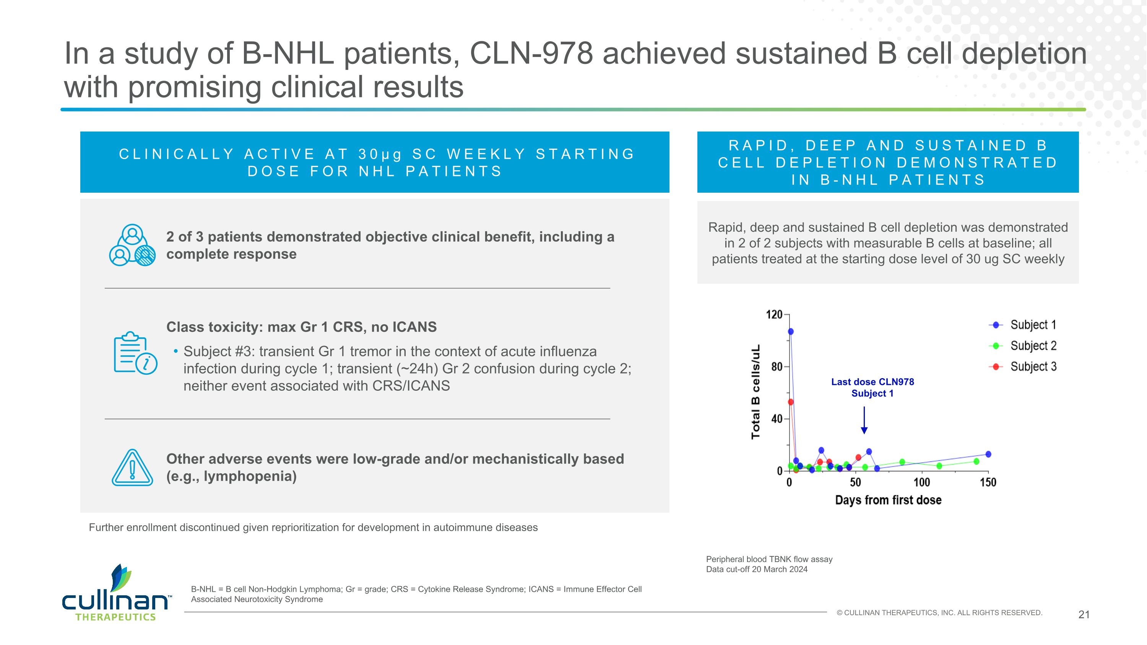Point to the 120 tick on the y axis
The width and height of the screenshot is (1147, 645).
point(774,315)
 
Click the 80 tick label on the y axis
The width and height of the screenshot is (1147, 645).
point(777,367)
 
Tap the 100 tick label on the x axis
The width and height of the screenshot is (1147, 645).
point(921,483)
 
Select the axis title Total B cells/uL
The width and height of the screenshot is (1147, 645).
point(755,392)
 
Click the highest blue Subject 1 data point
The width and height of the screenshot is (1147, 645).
point(791,331)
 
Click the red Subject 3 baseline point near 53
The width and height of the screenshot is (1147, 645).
point(791,402)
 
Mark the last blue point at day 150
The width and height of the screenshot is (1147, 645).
point(988,455)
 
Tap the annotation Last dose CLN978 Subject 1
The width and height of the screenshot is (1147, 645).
point(872,388)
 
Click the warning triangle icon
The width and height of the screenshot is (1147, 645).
point(132,468)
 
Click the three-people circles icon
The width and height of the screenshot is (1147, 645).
point(132,245)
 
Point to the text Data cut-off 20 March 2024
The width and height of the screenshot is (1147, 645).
point(757,569)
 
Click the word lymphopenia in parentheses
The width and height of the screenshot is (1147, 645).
point(249,477)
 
